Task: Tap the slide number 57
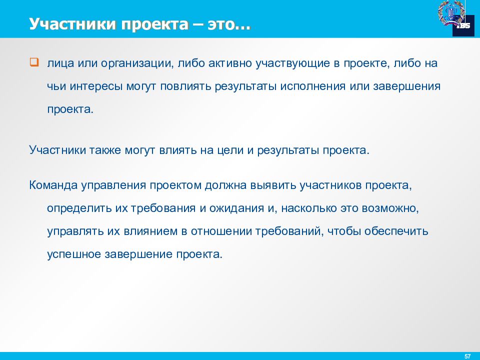467,355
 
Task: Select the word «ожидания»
237,208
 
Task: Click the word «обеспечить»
396,231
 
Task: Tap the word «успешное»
73,254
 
